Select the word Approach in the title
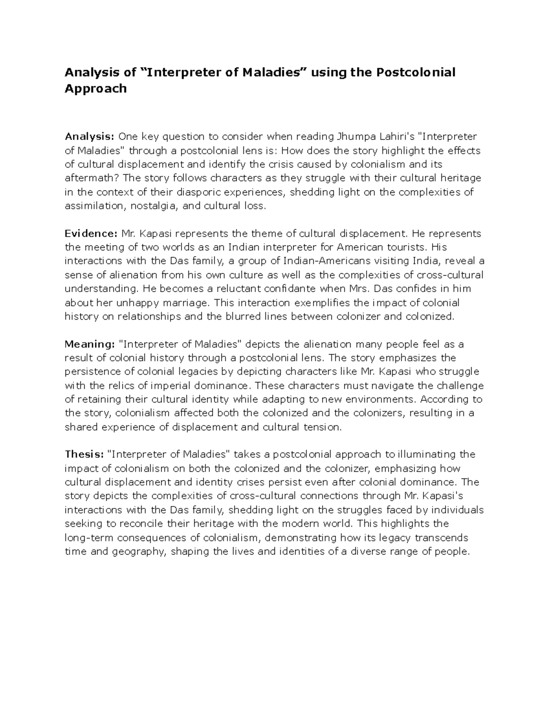pos(95,88)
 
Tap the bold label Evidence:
pos(91,233)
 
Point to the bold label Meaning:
pos(89,344)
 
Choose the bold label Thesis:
pos(84,454)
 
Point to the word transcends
pos(442,537)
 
